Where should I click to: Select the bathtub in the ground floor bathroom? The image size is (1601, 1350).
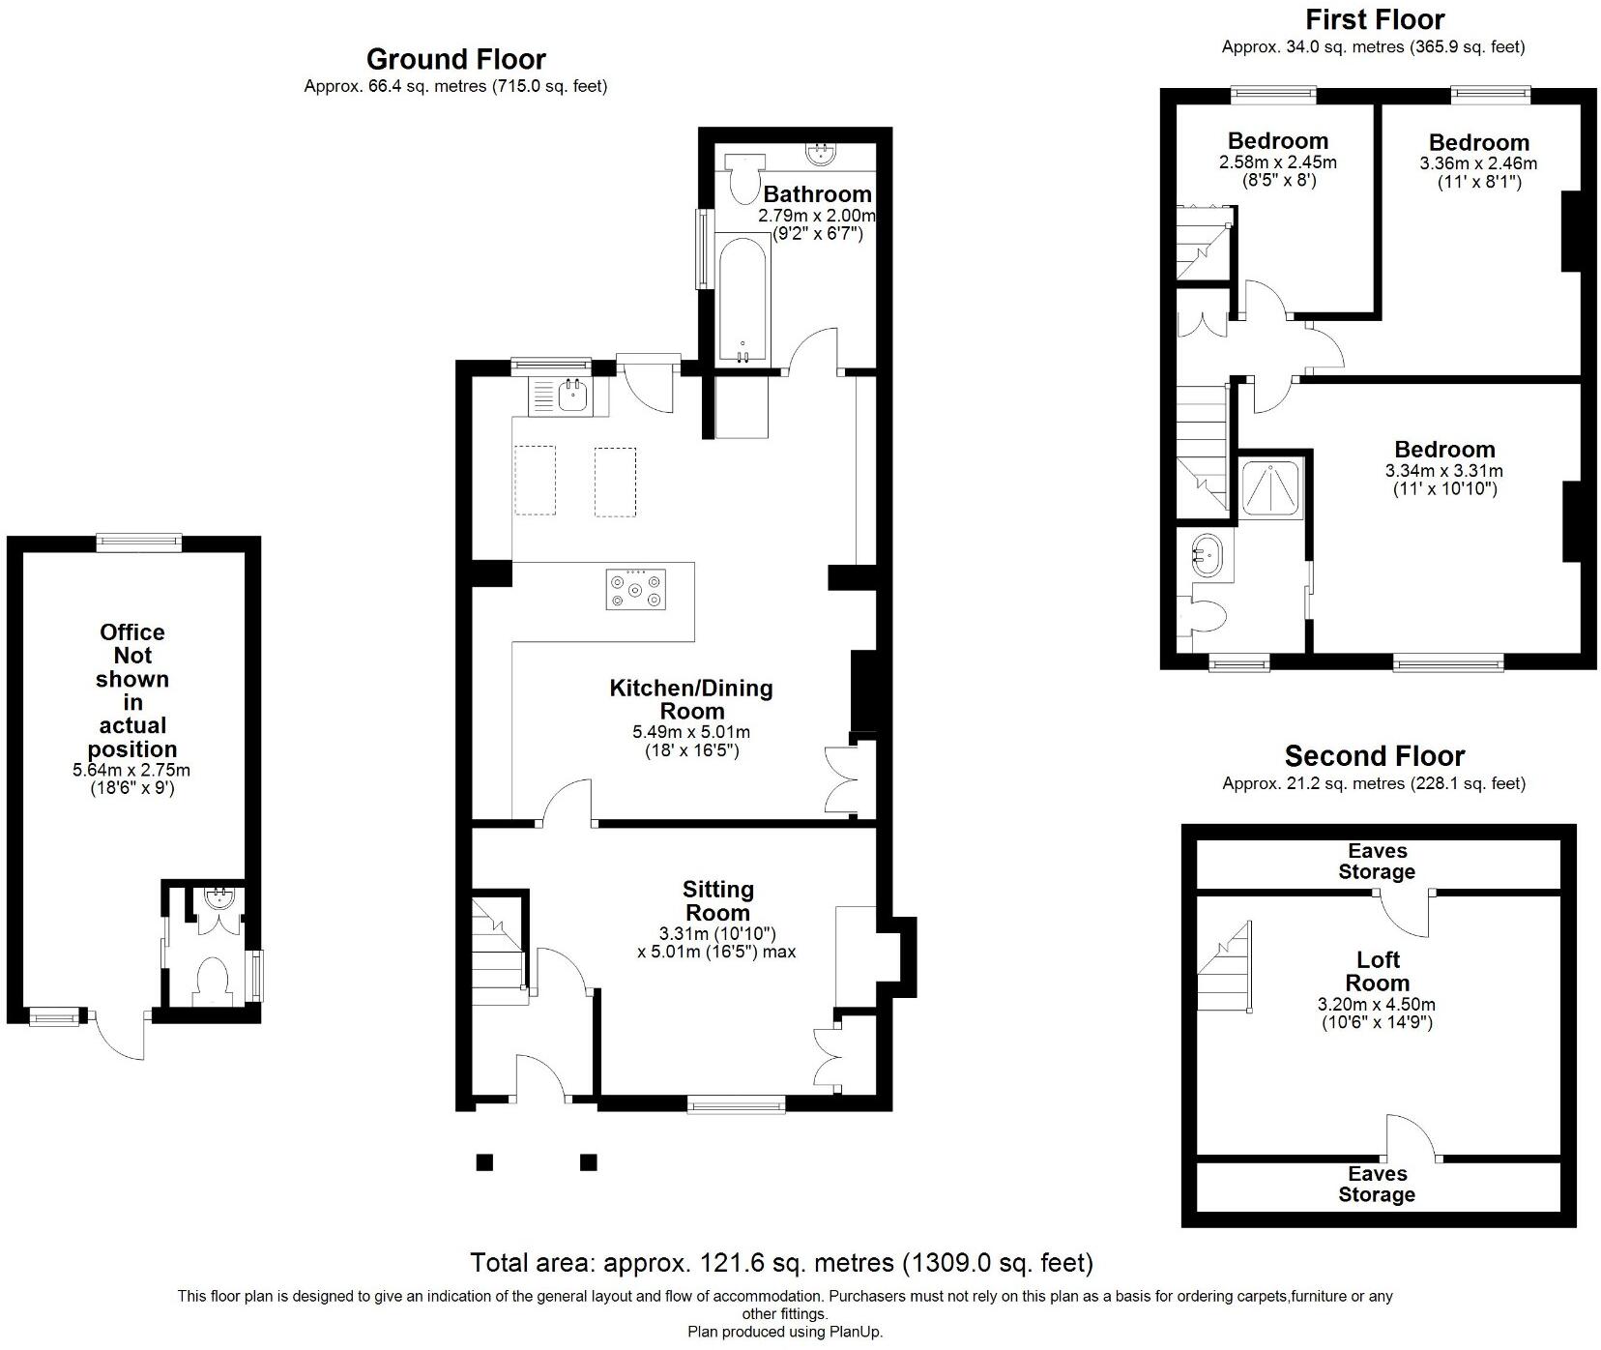coord(742,298)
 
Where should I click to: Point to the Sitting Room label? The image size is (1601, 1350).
coord(717,900)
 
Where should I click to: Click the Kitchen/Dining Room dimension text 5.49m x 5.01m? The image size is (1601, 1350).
coord(691,732)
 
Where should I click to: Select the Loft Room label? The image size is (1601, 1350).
coord(1378,971)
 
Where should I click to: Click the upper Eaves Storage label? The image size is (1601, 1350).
coord(1377,862)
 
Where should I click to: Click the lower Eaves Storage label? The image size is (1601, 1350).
coord(1377,1184)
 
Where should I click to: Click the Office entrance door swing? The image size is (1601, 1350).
coord(122,1038)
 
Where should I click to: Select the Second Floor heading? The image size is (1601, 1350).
coord(1374,755)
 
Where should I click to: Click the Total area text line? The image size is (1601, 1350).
coord(781,1262)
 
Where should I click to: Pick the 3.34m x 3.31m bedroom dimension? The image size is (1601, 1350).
coord(1443,471)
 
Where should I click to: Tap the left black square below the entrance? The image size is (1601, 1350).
coord(484,1161)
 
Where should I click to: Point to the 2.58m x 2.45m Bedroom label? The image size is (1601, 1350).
coord(1277,141)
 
